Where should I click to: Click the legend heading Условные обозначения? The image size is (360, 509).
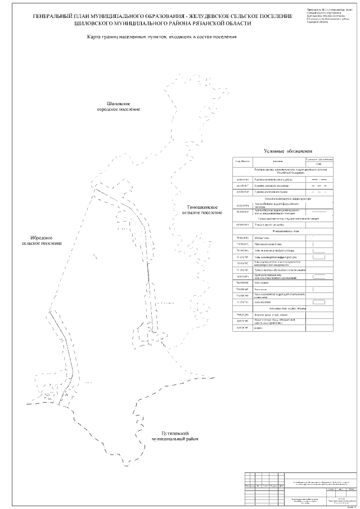[287, 152]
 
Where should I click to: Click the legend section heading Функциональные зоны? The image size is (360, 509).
[287, 231]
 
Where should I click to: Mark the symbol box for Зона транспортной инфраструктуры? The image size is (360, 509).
[319, 257]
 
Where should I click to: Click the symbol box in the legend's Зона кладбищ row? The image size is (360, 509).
[319, 303]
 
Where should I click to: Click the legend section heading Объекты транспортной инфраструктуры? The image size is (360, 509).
[287, 199]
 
